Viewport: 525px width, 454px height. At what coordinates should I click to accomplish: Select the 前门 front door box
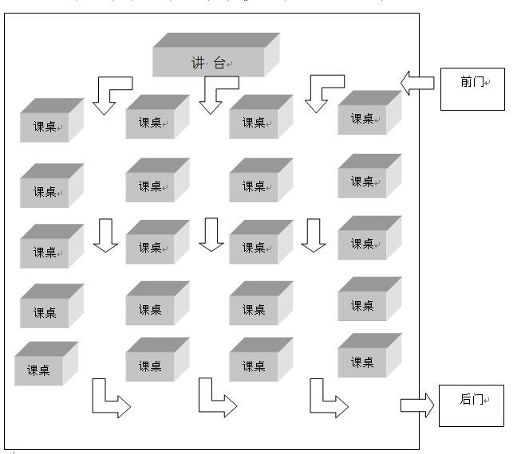pos(472,88)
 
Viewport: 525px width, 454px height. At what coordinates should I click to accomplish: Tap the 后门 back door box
pos(471,405)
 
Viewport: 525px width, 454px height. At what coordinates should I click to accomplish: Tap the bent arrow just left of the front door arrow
pos(323,92)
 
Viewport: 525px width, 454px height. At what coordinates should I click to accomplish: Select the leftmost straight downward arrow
pos(105,235)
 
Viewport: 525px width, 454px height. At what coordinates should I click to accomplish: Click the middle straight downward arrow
pos(211,235)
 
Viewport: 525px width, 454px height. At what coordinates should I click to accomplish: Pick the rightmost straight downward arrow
pos(314,235)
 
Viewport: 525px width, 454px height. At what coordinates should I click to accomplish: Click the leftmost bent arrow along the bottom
pos(109,399)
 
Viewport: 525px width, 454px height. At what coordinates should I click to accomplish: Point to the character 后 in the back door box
pos(466,399)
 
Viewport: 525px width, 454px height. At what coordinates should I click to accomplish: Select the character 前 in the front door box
pos(467,81)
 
